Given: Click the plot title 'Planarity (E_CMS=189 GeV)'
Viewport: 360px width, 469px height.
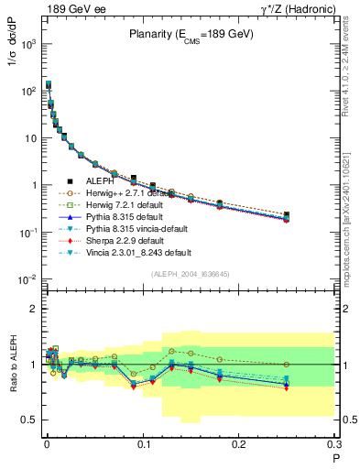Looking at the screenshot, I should pos(184,36).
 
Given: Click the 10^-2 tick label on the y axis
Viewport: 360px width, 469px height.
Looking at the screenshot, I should pos(26,278).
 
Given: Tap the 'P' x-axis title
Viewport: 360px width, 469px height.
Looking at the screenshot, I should pos(335,457).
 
